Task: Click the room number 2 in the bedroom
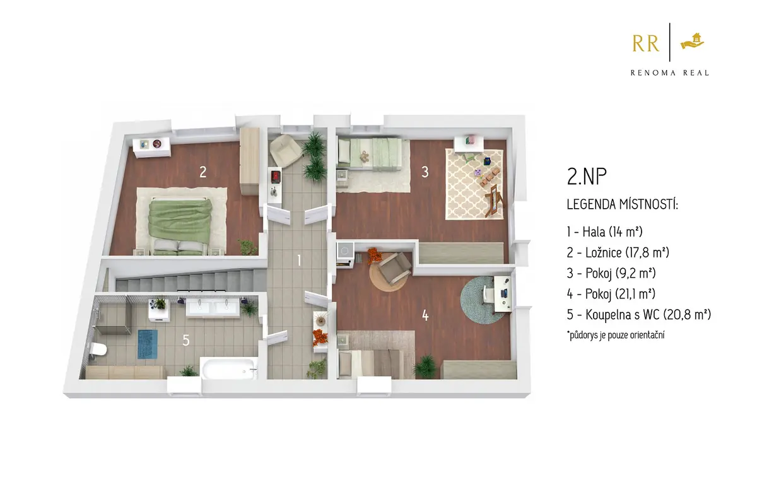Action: [202, 172]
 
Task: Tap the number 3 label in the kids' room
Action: [425, 172]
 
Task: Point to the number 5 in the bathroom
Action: [186, 340]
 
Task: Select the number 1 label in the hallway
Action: [299, 261]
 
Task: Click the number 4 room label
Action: [425, 316]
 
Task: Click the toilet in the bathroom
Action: [98, 349]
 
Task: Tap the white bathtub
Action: [228, 369]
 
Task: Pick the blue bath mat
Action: [148, 344]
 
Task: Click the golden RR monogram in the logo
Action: [646, 44]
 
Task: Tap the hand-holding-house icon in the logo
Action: [692, 41]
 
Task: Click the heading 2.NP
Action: [587, 176]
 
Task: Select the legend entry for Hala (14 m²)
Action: [604, 231]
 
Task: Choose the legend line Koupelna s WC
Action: [639, 314]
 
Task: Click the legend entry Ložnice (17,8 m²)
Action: [618, 252]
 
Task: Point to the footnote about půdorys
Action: [616, 335]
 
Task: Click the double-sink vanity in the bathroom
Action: [213, 308]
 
